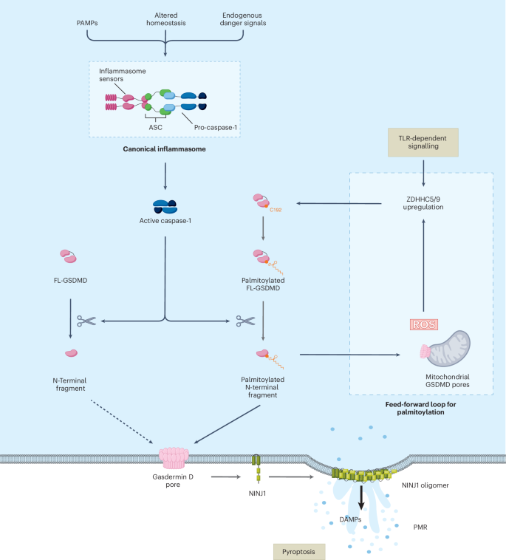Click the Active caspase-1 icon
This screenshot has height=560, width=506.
coord(163,208)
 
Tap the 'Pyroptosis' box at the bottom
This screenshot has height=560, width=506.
coord(295,550)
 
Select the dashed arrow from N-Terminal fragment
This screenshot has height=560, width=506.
coord(118,421)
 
